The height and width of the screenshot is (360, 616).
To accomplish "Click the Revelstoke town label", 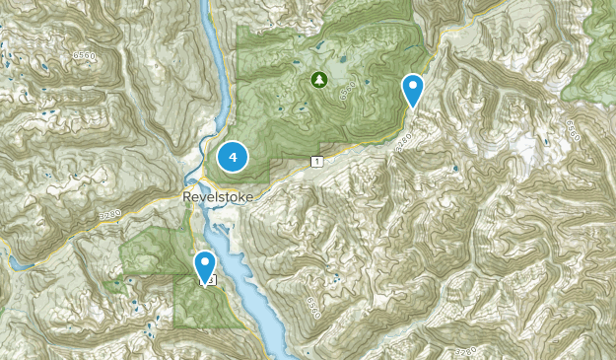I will pos(218,197).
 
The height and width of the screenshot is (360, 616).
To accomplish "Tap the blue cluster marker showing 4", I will pos(233,156).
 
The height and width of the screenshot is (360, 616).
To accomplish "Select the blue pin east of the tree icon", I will pos(414,90).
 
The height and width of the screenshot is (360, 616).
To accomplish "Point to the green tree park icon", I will pos(317,78).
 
